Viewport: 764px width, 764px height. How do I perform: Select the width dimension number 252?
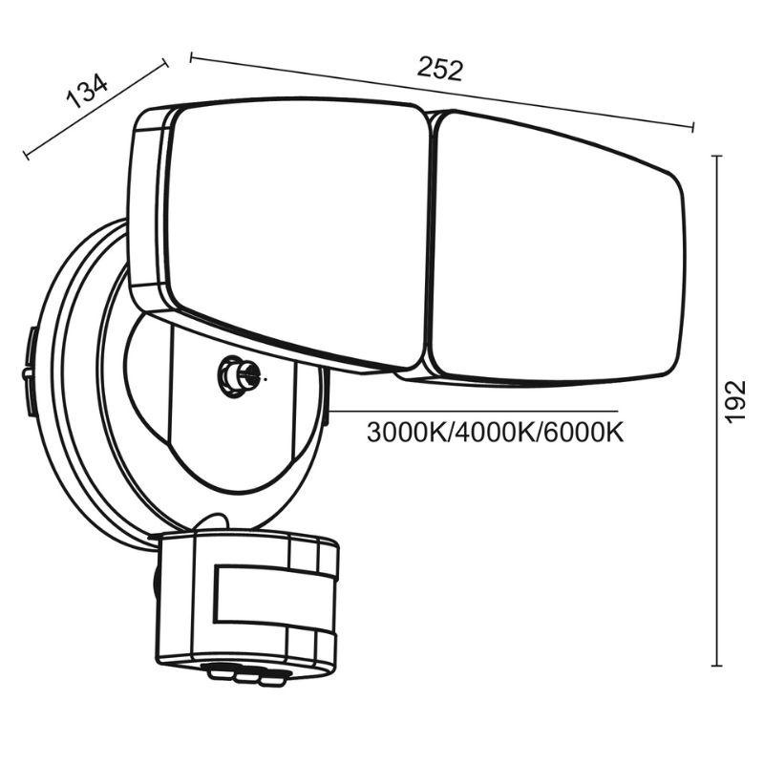(x=440, y=70)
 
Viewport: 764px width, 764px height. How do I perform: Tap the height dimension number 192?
(x=734, y=403)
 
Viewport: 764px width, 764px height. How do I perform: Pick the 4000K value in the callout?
(x=495, y=433)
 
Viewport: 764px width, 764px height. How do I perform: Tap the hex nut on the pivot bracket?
(x=232, y=375)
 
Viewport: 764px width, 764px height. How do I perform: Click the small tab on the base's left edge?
(x=30, y=373)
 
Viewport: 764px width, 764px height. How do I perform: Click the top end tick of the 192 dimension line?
(x=717, y=157)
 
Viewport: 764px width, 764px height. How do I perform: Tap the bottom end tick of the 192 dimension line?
(x=717, y=666)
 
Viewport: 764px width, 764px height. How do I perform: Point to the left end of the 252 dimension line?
(x=192, y=58)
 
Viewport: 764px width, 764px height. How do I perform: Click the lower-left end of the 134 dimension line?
(x=26, y=154)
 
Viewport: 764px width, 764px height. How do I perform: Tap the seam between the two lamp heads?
(x=428, y=244)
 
